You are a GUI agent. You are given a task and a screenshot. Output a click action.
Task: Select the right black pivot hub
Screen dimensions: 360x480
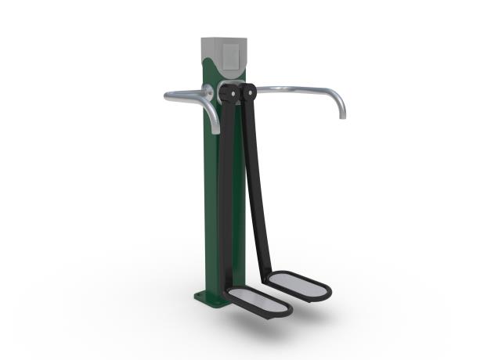tap(249, 92)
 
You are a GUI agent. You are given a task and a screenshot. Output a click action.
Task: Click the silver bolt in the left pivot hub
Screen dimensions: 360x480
tap(231, 94)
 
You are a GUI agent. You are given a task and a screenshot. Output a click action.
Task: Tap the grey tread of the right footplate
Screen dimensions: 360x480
tap(298, 284)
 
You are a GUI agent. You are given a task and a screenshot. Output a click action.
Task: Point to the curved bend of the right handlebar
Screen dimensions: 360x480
tap(333, 95)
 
